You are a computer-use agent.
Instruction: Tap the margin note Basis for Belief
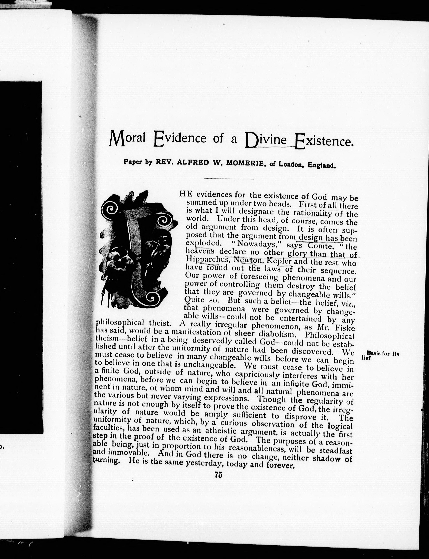click(x=380, y=356)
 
